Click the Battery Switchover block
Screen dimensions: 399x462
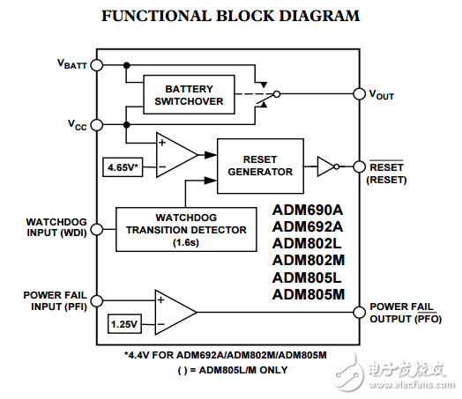tap(188, 95)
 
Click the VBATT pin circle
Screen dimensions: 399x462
tap(97, 64)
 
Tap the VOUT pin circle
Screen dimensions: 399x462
tap(358, 94)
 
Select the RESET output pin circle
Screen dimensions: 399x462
tap(358, 166)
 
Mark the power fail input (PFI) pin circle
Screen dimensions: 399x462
tap(97, 299)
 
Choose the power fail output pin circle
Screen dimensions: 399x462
tap(358, 311)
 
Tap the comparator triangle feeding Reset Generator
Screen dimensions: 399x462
tap(175, 152)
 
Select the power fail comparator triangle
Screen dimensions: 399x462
tap(175, 311)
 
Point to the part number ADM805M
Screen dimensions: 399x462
tap(308, 294)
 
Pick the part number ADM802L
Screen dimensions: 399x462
tap(308, 243)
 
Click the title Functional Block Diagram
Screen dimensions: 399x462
tap(231, 16)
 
